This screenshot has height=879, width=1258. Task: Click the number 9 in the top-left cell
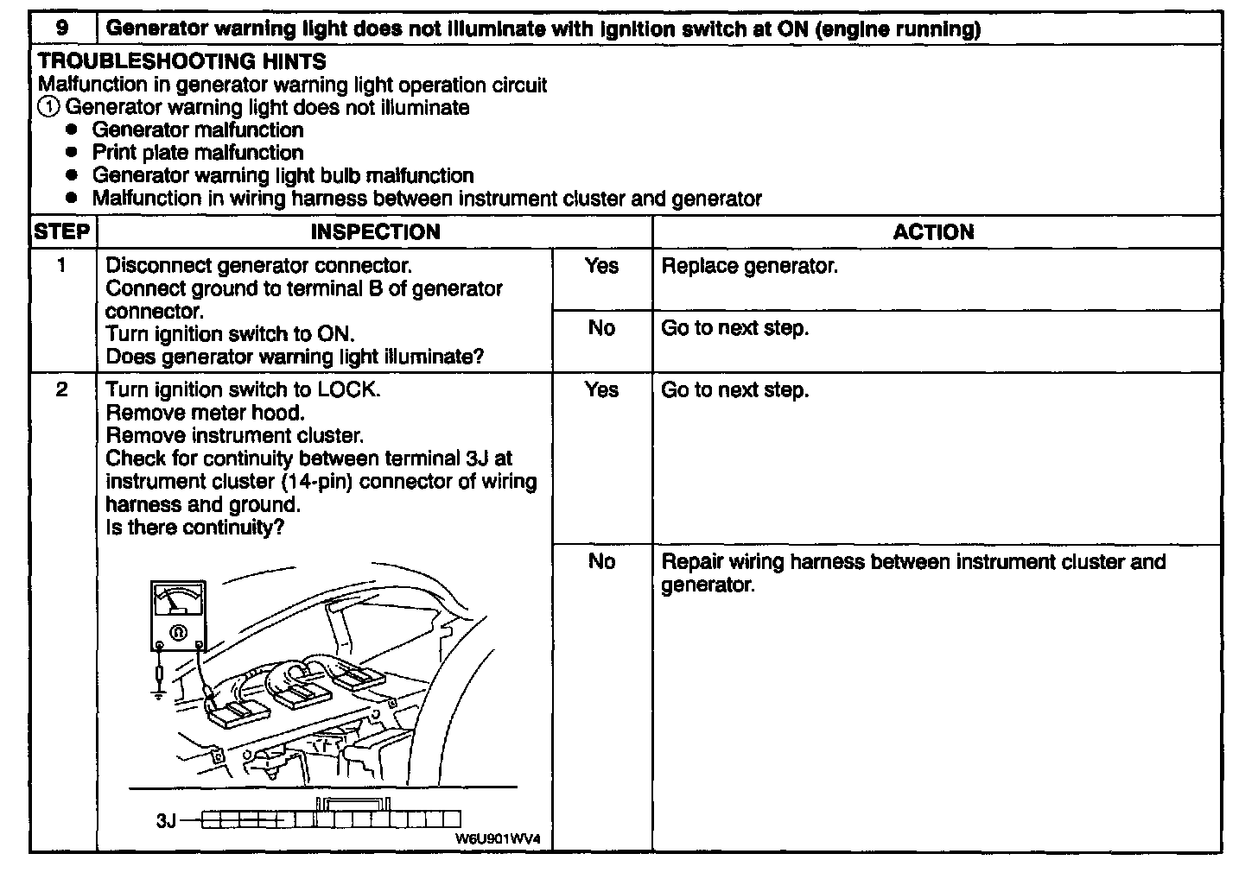tap(63, 28)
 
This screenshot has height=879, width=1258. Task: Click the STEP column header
tap(62, 232)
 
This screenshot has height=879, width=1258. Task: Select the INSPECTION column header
tap(375, 232)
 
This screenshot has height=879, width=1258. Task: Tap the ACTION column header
tap(933, 232)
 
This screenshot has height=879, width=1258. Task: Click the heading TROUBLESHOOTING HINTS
tap(182, 62)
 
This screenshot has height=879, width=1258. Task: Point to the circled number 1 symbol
tap(48, 108)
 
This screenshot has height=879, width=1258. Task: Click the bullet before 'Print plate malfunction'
tap(73, 153)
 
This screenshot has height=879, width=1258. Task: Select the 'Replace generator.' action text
tap(749, 266)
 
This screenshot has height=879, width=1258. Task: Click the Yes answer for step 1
tap(601, 266)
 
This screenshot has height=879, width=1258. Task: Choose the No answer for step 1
tap(601, 328)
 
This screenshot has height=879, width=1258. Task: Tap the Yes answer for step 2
tap(601, 390)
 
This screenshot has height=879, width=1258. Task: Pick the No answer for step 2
tap(601, 562)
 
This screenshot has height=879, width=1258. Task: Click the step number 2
tap(62, 390)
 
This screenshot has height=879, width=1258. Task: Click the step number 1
tap(62, 266)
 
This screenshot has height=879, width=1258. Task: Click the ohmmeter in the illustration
tap(179, 615)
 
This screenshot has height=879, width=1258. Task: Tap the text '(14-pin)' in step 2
tap(317, 482)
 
